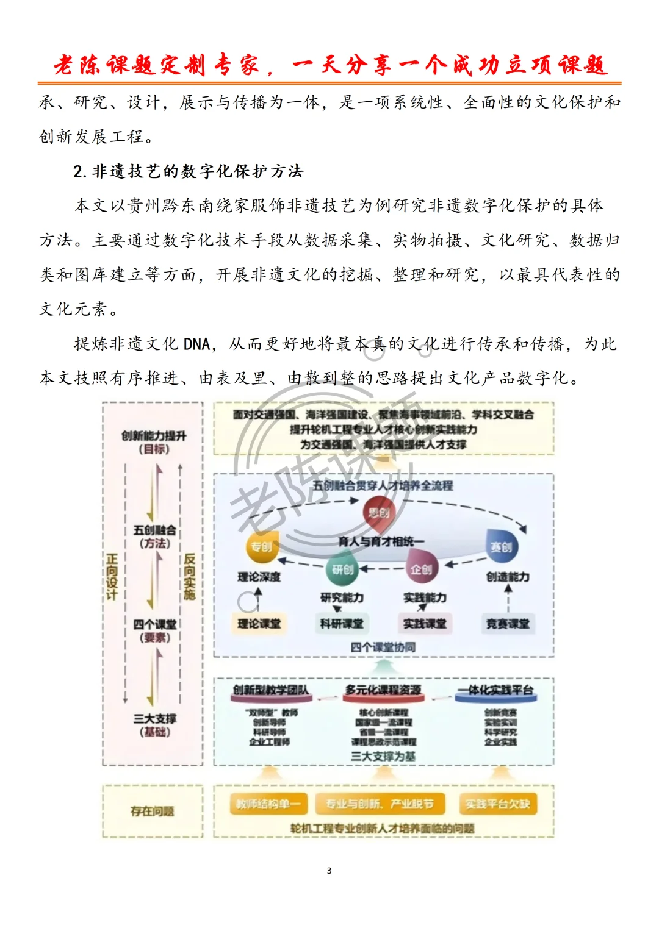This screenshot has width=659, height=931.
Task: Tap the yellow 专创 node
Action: pyautogui.click(x=262, y=546)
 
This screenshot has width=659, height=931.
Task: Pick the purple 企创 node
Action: pyautogui.click(x=421, y=568)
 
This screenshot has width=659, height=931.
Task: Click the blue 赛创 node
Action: pyautogui.click(x=501, y=546)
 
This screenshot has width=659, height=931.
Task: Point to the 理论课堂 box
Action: pyautogui.click(x=259, y=623)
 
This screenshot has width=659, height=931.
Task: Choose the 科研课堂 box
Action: pyautogui.click(x=342, y=623)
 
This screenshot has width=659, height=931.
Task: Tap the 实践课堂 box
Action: pyautogui.click(x=425, y=623)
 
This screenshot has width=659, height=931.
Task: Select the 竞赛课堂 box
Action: pyautogui.click(x=508, y=623)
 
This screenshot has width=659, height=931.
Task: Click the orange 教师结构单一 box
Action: pyautogui.click(x=268, y=804)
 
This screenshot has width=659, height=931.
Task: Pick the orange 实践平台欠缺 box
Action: pyautogui.click(x=497, y=804)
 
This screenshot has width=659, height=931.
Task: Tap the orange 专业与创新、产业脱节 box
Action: pyautogui.click(x=380, y=804)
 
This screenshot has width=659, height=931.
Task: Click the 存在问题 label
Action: pyautogui.click(x=152, y=811)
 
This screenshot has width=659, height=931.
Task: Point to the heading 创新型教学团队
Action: pyautogui.click(x=270, y=690)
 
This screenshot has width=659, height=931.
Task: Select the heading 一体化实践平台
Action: pyautogui.click(x=496, y=690)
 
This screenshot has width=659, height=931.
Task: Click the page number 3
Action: pyautogui.click(x=329, y=870)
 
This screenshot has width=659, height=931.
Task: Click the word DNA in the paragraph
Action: pyautogui.click(x=196, y=344)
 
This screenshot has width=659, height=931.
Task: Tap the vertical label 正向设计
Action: pyautogui.click(x=112, y=576)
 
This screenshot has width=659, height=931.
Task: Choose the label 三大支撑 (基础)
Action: pyautogui.click(x=155, y=725)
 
